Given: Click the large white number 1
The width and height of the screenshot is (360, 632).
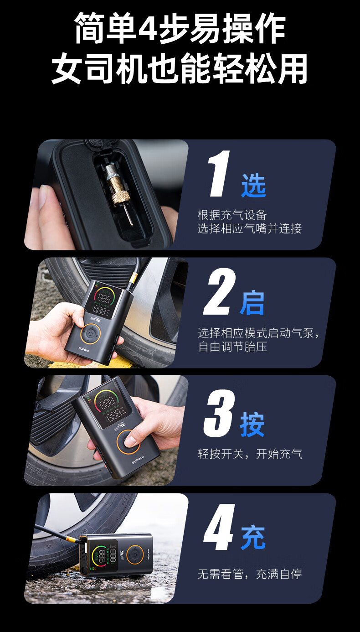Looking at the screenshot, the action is tap(219, 174).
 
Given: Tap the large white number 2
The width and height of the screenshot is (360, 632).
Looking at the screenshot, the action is tap(219, 291).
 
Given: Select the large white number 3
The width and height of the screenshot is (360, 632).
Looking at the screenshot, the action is tap(219, 413).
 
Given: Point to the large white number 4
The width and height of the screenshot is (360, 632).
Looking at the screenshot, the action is tap(219, 527).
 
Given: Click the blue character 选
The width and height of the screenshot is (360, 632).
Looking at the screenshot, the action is tap(253, 185).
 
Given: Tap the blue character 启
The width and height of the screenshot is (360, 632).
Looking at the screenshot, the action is tap(252, 303).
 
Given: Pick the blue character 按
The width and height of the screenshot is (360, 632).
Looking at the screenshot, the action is tap(252, 425).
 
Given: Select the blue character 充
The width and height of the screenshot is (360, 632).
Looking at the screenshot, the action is tap(253, 538).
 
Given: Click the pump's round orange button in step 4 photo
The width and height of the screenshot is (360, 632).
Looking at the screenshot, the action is tap(135, 554).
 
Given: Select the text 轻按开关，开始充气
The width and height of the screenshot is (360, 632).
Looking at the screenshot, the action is tap(250, 454).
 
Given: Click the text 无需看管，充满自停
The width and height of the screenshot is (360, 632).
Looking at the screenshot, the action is tap(249, 574).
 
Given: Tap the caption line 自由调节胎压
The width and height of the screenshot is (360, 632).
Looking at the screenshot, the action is tap(232, 347).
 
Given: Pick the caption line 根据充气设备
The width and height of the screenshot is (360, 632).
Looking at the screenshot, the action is tap(232, 215).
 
